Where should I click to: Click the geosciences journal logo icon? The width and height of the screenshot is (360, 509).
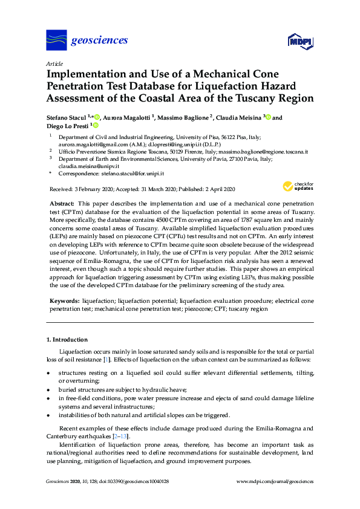[56, 41]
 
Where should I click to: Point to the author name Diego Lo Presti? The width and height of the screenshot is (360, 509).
[67, 126]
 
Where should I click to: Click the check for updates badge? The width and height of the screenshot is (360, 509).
[298, 186]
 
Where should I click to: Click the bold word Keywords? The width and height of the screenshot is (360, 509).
[63, 300]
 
